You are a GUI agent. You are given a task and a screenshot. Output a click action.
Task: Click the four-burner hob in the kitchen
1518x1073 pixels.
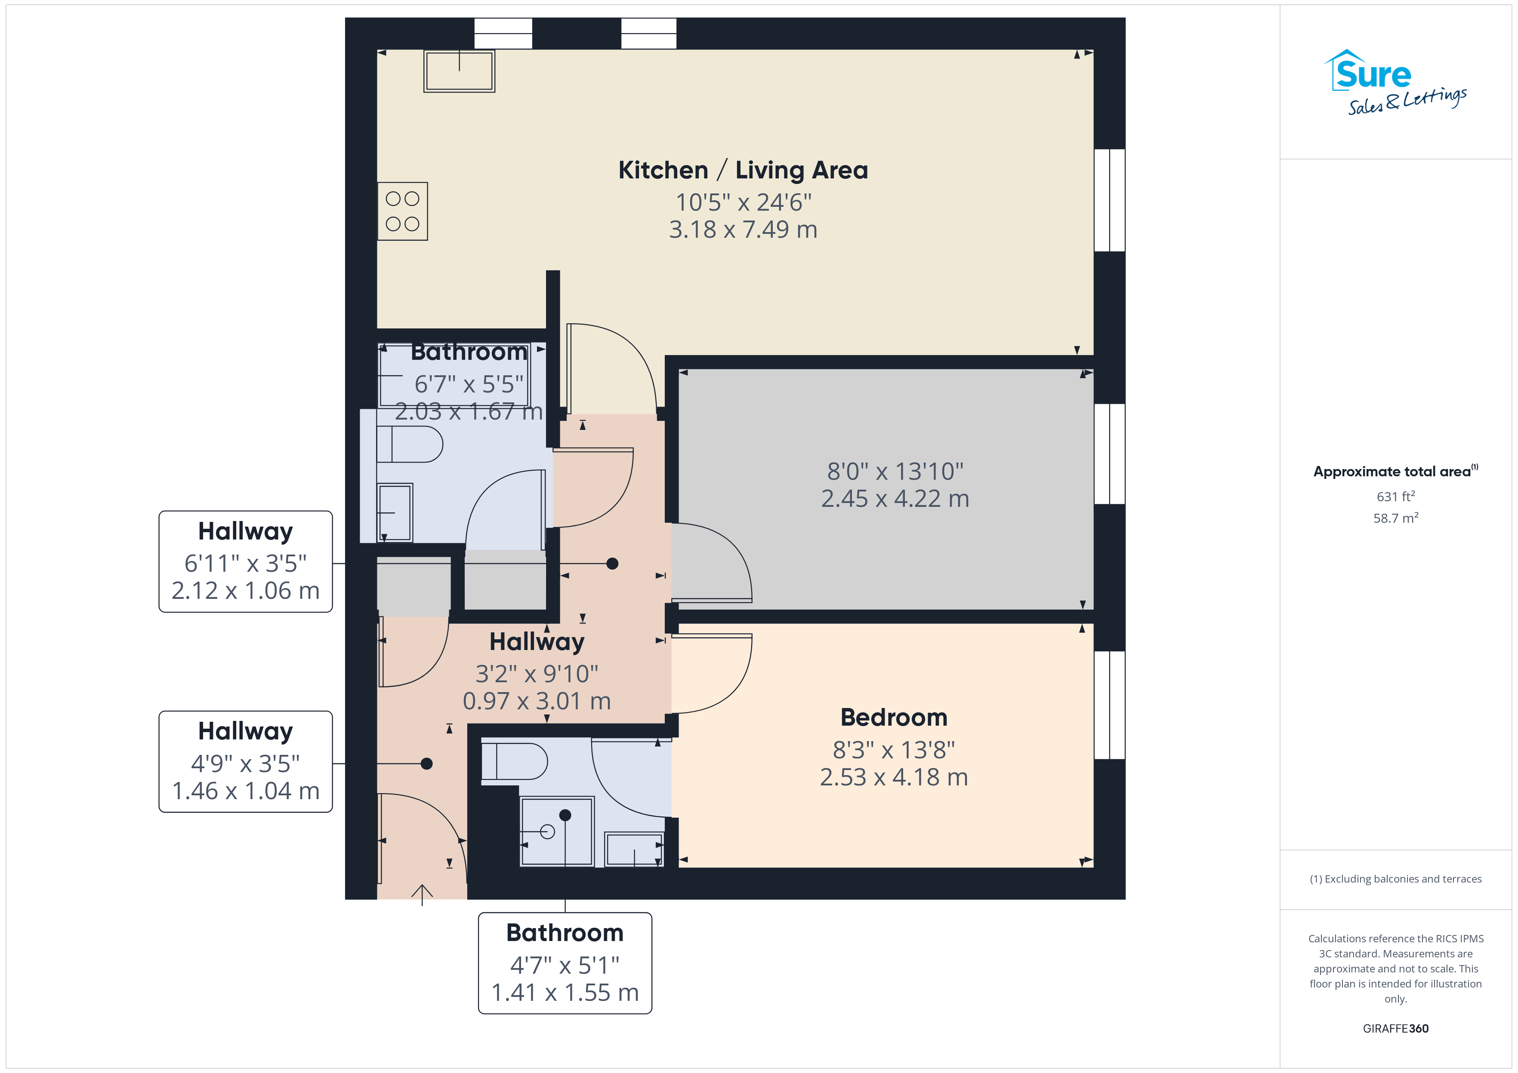(403, 212)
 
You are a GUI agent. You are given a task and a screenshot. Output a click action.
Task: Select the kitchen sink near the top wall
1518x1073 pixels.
(460, 71)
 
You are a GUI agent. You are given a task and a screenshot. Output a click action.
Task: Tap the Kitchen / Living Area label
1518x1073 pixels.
(743, 171)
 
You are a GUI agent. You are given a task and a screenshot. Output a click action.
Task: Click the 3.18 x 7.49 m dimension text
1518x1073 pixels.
(743, 229)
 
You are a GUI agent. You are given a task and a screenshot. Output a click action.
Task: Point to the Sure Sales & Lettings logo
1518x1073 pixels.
(1395, 83)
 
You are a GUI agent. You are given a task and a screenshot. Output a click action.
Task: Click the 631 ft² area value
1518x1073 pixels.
(1396, 496)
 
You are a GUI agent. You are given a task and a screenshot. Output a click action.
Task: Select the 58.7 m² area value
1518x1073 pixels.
(1396, 518)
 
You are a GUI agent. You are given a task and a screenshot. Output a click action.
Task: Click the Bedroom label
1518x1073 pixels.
(894, 717)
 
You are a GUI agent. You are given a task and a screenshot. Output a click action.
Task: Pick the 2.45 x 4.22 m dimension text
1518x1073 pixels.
(895, 499)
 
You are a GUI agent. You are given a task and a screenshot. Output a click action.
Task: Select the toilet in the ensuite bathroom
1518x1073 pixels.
(514, 761)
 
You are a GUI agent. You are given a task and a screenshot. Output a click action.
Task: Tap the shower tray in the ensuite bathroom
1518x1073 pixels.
(557, 831)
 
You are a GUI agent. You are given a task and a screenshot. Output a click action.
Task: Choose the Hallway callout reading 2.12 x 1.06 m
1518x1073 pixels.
(245, 561)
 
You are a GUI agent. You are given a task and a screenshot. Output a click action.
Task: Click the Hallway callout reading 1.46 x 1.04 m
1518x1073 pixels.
(245, 762)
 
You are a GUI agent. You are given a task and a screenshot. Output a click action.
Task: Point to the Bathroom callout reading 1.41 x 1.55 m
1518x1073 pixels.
(565, 963)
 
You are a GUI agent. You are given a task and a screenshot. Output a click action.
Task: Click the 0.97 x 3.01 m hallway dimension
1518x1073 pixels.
(537, 701)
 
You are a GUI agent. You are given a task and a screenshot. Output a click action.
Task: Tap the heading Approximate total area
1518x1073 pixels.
(1395, 471)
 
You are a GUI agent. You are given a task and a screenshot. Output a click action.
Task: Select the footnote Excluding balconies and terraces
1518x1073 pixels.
(1396, 879)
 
